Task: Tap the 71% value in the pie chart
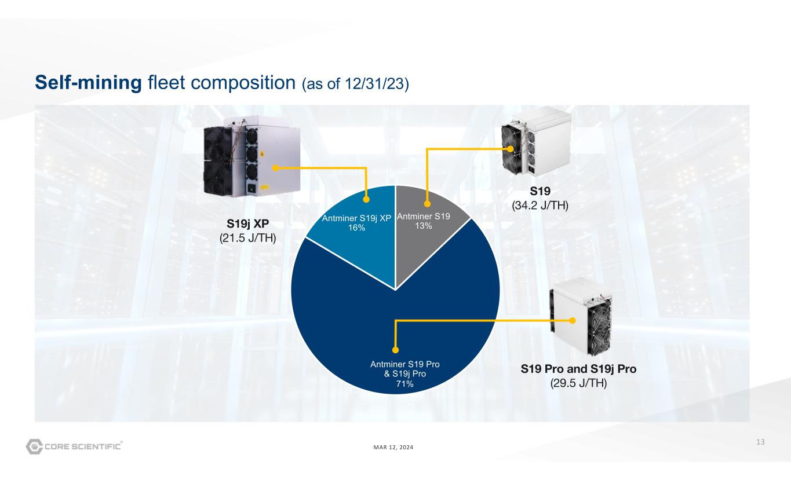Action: pyautogui.click(x=404, y=384)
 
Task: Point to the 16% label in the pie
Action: pyautogui.click(x=356, y=228)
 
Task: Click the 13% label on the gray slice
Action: pyautogui.click(x=424, y=226)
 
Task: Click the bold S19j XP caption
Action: pyautogui.click(x=247, y=223)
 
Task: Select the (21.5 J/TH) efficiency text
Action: pyautogui.click(x=247, y=238)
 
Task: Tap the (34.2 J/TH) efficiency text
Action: pyautogui.click(x=540, y=206)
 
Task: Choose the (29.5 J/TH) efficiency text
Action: pyautogui.click(x=578, y=383)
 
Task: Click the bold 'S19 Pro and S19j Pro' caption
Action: pyautogui.click(x=578, y=369)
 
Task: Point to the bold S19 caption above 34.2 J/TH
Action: pyautogui.click(x=540, y=191)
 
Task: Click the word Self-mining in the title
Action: pyautogui.click(x=88, y=83)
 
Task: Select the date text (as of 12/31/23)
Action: pyautogui.click(x=355, y=84)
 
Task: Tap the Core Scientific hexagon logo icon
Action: pyautogui.click(x=34, y=446)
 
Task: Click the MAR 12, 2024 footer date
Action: pyautogui.click(x=393, y=447)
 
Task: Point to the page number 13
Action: pyautogui.click(x=760, y=442)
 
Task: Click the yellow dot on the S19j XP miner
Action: pyautogui.click(x=276, y=168)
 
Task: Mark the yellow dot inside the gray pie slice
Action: pyautogui.click(x=427, y=204)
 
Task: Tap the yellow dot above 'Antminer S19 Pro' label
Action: pyautogui.click(x=395, y=350)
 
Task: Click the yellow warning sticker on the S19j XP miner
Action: pyautogui.click(x=262, y=154)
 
